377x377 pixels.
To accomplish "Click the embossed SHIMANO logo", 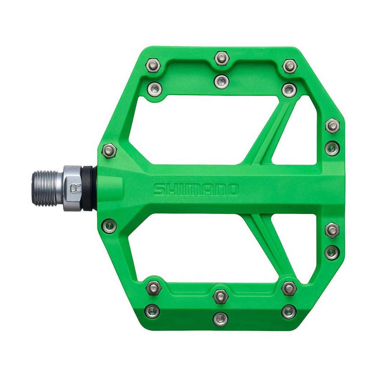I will tap(196, 189).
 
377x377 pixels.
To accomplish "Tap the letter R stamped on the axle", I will tap(72, 188).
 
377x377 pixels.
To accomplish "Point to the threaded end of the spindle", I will tap(47, 188).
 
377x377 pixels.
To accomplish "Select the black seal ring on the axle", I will tap(88, 188).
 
